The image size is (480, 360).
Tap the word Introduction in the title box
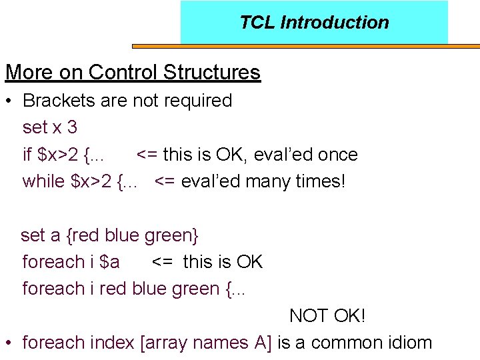[335, 23]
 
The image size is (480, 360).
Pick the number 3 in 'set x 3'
[72, 127]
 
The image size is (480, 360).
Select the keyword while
[43, 181]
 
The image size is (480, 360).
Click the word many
[267, 181]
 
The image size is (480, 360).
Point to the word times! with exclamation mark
[320, 181]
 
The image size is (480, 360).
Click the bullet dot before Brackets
[9, 101]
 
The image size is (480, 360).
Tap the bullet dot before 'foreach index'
[9, 343]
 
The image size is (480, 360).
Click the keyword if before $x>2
[27, 155]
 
